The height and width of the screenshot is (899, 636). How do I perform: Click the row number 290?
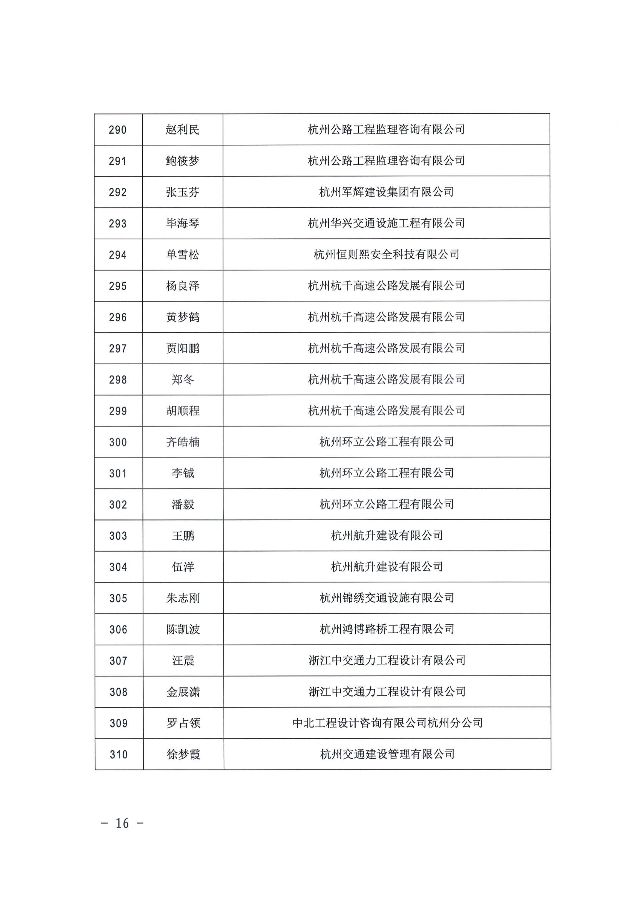(x=118, y=130)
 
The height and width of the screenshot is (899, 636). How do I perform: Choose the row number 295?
(x=118, y=286)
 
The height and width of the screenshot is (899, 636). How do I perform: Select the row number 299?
(x=118, y=411)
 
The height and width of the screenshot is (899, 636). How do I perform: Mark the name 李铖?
(x=183, y=473)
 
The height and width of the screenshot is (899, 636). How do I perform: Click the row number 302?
(x=118, y=505)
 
